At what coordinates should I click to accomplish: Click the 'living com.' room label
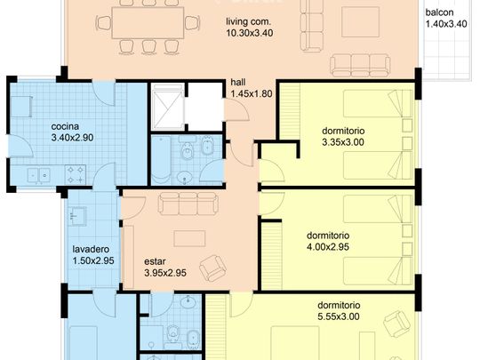249,21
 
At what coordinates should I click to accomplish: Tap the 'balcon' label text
439,12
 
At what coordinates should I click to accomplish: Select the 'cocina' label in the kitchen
65,126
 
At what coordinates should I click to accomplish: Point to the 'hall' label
238,82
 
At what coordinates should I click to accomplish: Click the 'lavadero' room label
91,249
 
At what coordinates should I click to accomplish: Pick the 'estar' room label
155,261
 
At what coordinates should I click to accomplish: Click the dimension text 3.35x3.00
343,142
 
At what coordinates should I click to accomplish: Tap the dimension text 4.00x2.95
328,247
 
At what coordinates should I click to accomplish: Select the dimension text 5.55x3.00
339,316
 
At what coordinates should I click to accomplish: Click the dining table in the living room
148,23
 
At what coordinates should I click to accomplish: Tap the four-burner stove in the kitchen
76,174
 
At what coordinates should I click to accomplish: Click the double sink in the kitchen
38,175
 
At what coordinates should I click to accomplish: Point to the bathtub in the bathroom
161,160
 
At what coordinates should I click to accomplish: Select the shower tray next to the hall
165,107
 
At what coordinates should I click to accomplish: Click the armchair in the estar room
212,268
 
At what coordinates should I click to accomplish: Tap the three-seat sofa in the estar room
188,204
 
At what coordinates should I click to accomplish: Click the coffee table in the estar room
189,238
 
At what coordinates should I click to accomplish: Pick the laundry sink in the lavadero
76,216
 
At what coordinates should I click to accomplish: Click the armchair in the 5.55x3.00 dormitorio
397,324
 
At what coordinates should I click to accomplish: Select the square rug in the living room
361,22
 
